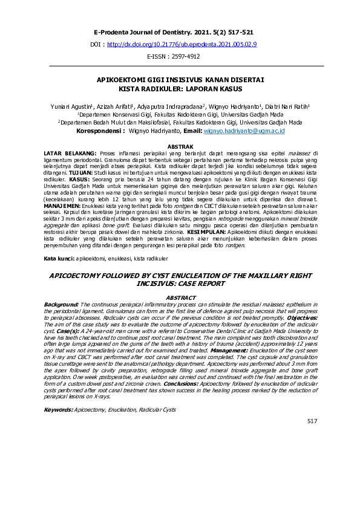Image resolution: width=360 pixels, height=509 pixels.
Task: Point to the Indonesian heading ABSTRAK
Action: tap(180, 146)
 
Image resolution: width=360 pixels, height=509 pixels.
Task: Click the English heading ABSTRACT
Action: tap(180, 297)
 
